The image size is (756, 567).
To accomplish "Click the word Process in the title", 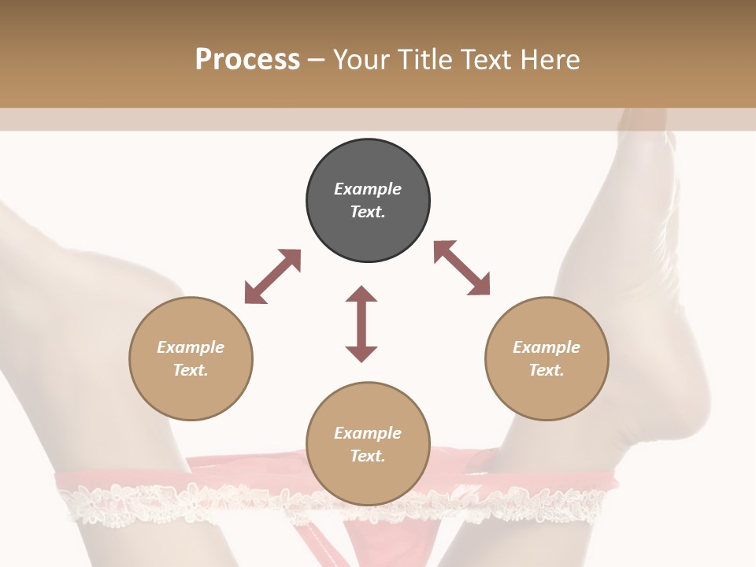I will (x=247, y=60).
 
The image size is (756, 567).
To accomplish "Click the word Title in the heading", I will (x=424, y=60).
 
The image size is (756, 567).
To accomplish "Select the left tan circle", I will (x=191, y=394).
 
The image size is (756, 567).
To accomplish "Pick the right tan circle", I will (x=547, y=394).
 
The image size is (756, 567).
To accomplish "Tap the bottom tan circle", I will (x=368, y=480).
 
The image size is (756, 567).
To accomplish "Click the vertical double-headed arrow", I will (x=361, y=324).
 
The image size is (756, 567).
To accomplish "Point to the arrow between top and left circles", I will (x=272, y=276).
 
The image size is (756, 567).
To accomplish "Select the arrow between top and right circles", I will (x=461, y=268).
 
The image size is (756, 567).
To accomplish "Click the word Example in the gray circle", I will (x=368, y=189).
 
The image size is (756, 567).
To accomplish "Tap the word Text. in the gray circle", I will (x=368, y=212).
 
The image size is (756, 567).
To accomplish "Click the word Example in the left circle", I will (x=191, y=347).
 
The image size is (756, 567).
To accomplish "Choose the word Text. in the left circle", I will (x=191, y=370).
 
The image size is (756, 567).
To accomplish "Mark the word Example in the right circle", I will (x=547, y=347).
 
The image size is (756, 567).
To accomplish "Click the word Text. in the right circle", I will (x=547, y=370).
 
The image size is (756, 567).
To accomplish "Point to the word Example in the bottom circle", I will (x=368, y=433).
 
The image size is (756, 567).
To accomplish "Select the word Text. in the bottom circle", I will (x=368, y=456).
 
